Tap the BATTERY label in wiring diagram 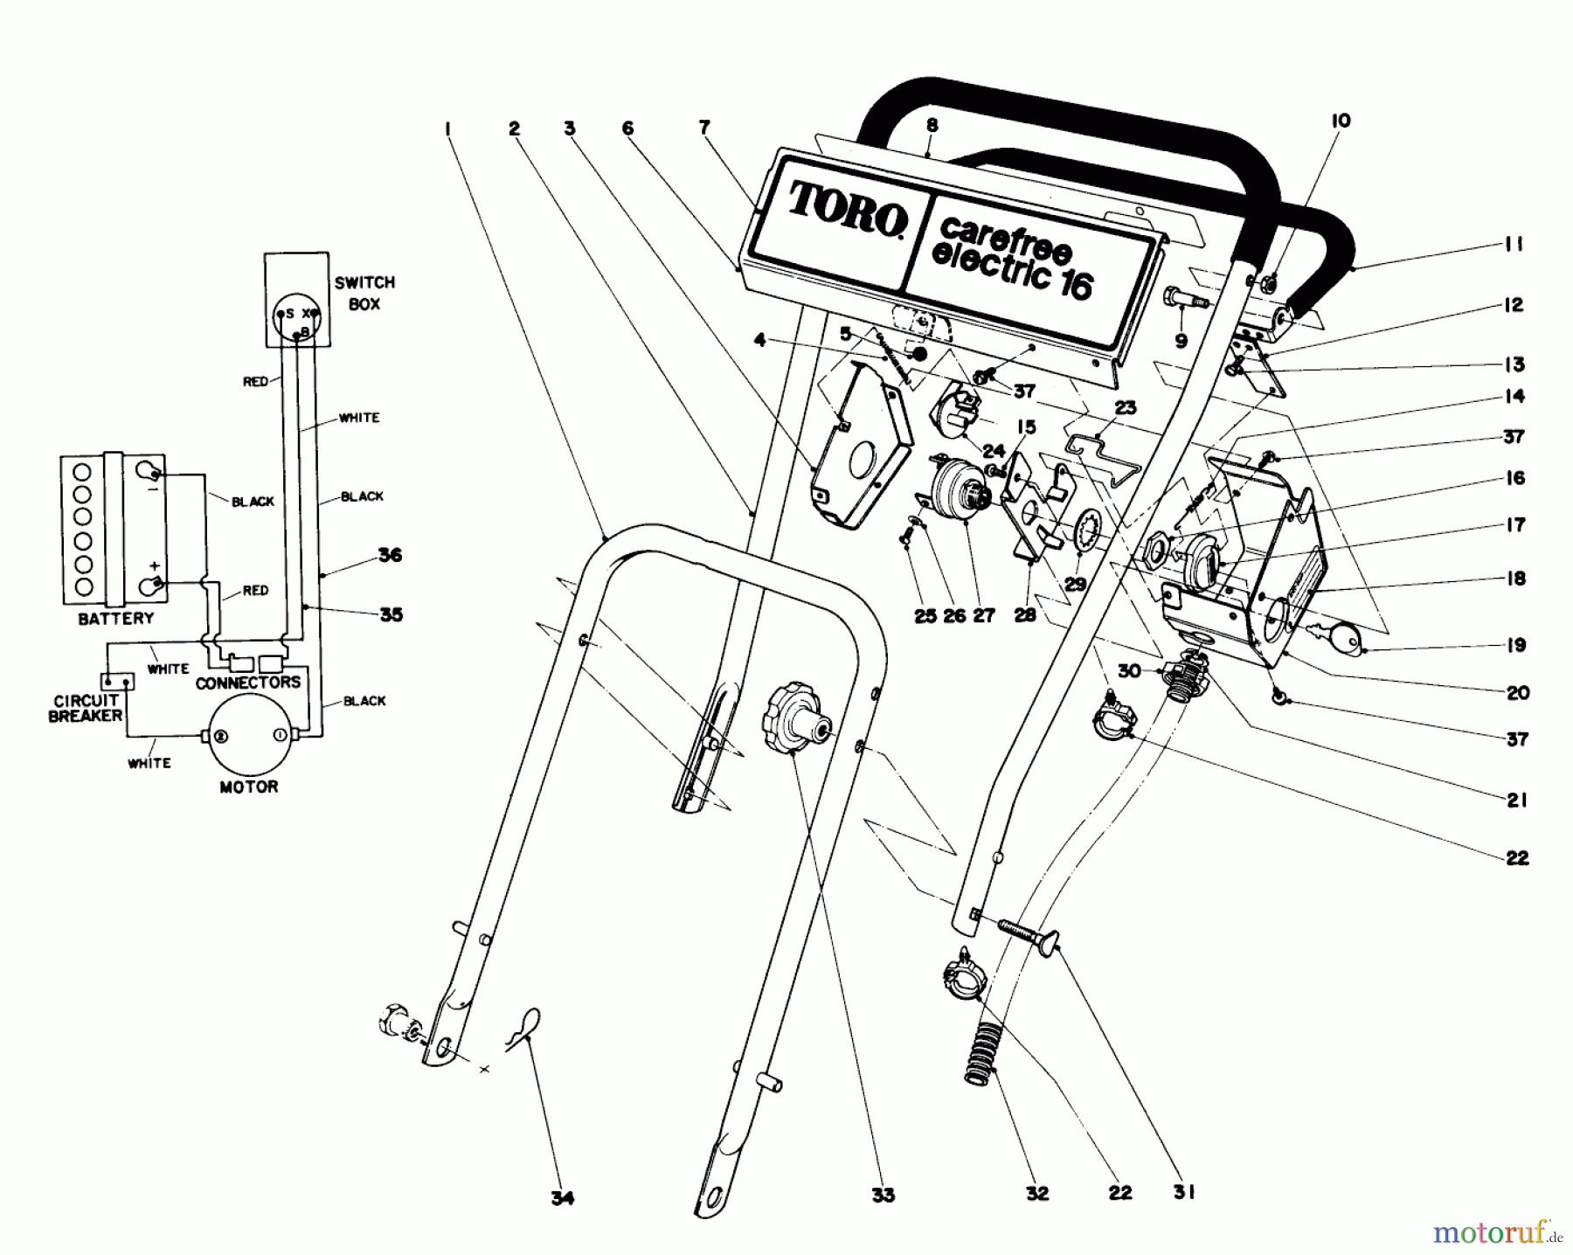115,619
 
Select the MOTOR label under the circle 248,787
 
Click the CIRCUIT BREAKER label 86,708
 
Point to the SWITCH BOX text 364,293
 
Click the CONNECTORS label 247,683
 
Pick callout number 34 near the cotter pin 563,1197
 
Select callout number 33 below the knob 883,1194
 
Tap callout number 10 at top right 1340,121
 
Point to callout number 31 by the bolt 1183,1191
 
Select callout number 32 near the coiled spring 1036,1193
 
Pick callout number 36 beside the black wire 390,555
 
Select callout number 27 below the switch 984,615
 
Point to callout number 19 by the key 1515,644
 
